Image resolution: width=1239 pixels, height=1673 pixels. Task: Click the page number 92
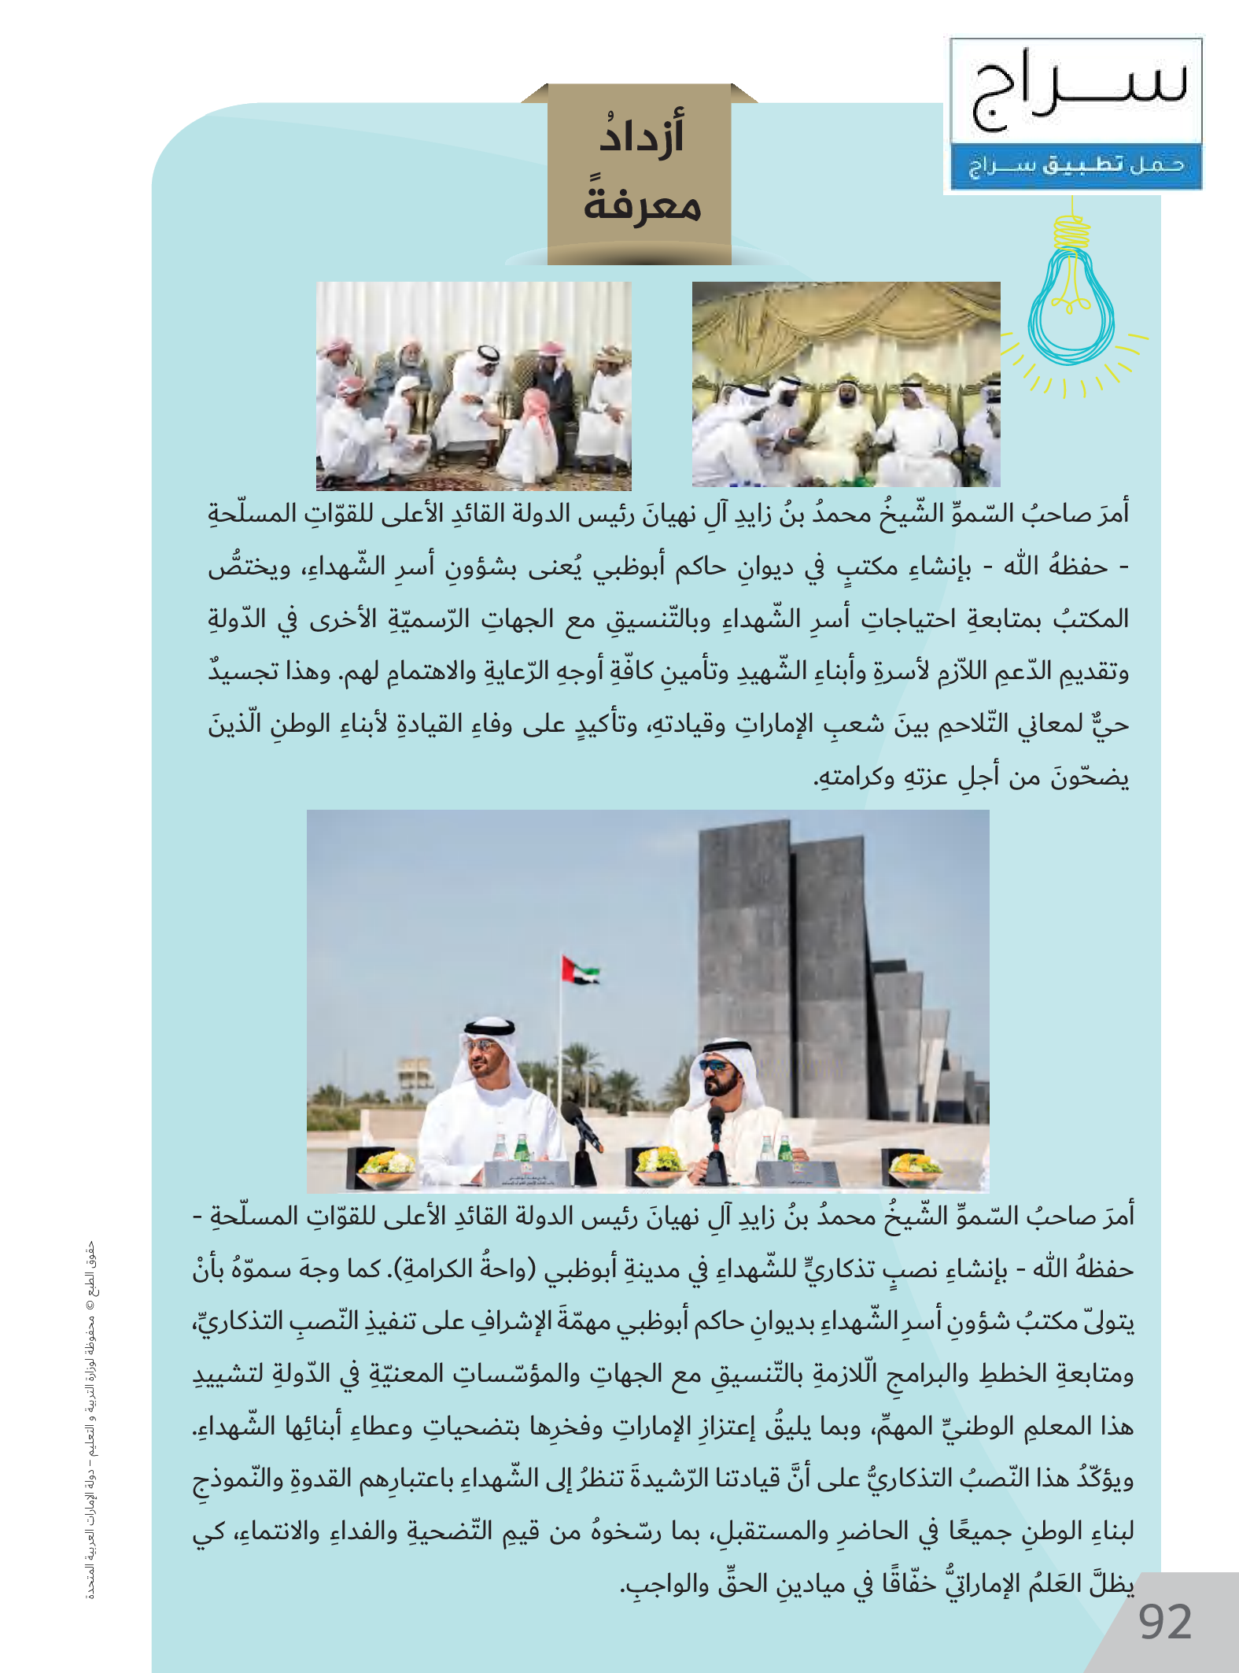pos(1165,1623)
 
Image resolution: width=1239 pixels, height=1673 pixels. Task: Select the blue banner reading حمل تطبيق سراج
pos(1075,166)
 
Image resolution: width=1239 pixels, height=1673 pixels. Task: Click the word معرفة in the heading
pos(642,205)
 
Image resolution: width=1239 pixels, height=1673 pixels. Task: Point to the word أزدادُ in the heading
pos(642,135)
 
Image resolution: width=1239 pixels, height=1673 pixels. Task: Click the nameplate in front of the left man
pos(525,1172)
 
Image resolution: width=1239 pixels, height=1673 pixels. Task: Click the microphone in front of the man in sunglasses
pos(716,1127)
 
